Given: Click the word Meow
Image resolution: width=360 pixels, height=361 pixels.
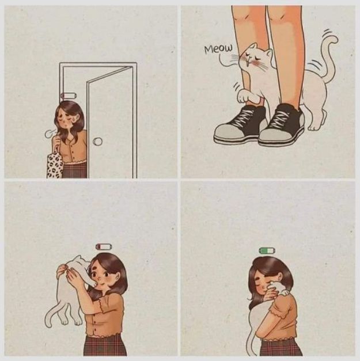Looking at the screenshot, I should [218, 49].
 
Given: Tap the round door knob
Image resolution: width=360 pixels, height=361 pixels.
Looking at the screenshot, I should [98, 141].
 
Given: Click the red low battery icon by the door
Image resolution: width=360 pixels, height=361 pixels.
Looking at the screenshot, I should [68, 96].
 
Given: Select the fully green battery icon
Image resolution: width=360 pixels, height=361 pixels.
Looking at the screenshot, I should [267, 250].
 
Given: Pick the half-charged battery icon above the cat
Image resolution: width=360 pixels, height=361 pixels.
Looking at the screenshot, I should [104, 246].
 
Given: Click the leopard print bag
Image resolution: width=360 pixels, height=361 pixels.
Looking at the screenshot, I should [55, 165].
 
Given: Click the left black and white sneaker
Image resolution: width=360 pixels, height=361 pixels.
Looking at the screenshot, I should [240, 124].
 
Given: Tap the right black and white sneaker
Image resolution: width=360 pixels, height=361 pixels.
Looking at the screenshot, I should [282, 126].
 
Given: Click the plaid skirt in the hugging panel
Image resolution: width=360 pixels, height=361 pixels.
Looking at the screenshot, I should [279, 347].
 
